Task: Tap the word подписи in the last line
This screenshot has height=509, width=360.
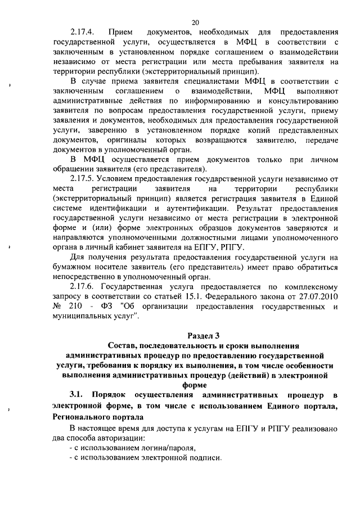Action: click(206, 458)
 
